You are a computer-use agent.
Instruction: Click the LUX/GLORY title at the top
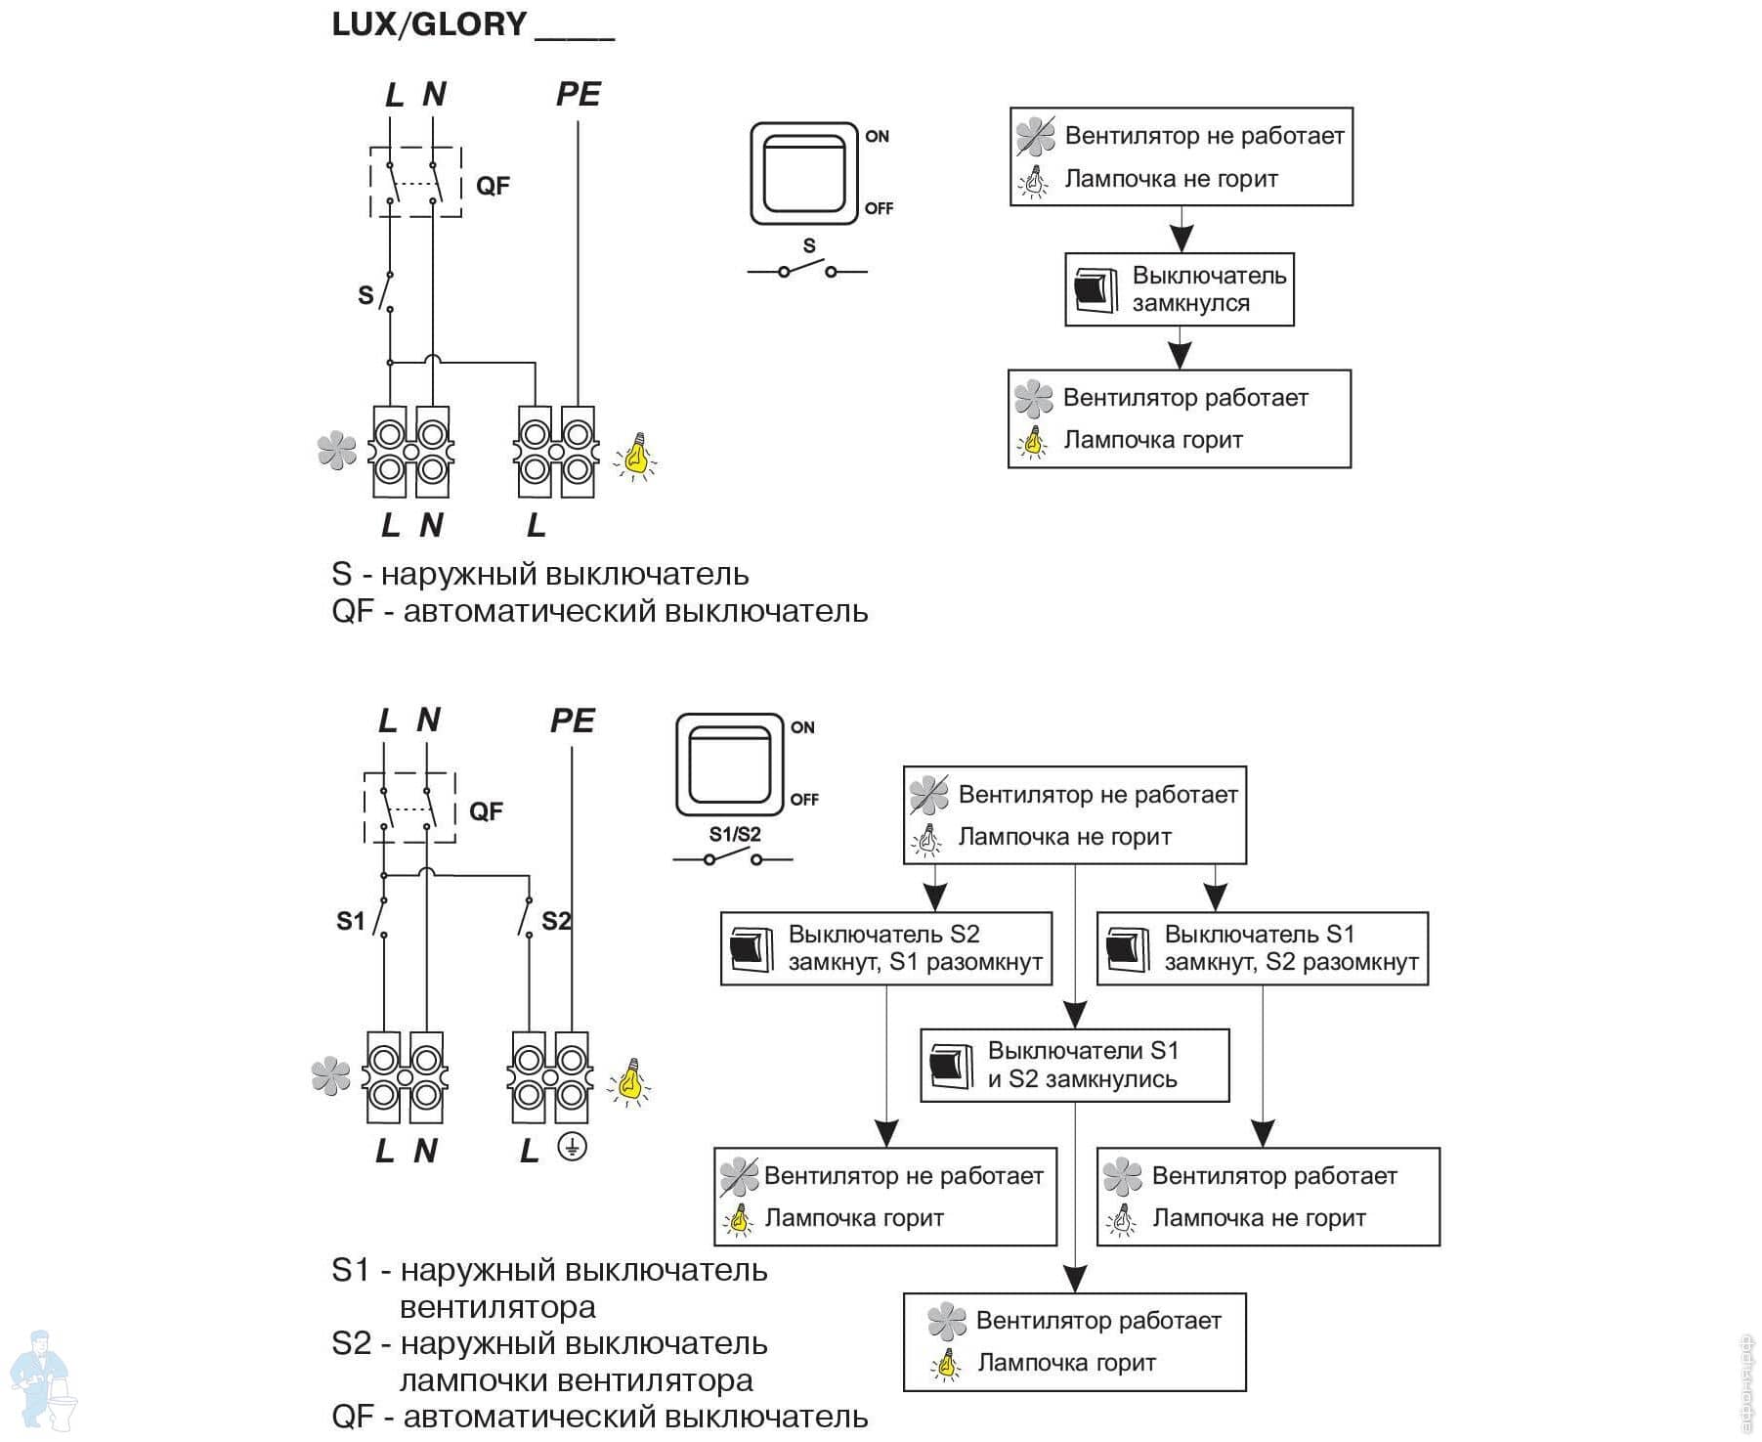tap(430, 24)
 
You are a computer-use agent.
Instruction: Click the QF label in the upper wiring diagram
tap(493, 186)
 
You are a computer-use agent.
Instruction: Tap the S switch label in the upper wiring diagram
tap(365, 294)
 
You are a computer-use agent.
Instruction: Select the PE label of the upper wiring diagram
tap(578, 94)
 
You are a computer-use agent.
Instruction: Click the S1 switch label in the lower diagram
tap(351, 921)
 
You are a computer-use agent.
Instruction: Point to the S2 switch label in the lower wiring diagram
tap(556, 921)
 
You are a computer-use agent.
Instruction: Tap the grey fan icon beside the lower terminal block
tap(330, 1075)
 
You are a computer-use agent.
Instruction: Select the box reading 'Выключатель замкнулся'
tap(1179, 289)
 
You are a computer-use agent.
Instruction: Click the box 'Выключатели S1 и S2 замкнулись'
tap(1074, 1065)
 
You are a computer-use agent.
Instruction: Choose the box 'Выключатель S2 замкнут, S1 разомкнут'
tap(886, 948)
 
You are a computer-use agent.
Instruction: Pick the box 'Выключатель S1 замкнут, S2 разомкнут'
tap(1262, 948)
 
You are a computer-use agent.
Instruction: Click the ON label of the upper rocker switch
tap(877, 137)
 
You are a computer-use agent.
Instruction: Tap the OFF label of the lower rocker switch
tap(804, 800)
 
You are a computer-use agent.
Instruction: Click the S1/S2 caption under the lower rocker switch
tap(735, 834)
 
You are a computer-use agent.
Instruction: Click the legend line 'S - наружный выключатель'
tap(539, 574)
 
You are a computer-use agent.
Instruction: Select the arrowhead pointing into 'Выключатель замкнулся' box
tap(1182, 239)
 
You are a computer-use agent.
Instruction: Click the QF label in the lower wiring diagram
tap(486, 811)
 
